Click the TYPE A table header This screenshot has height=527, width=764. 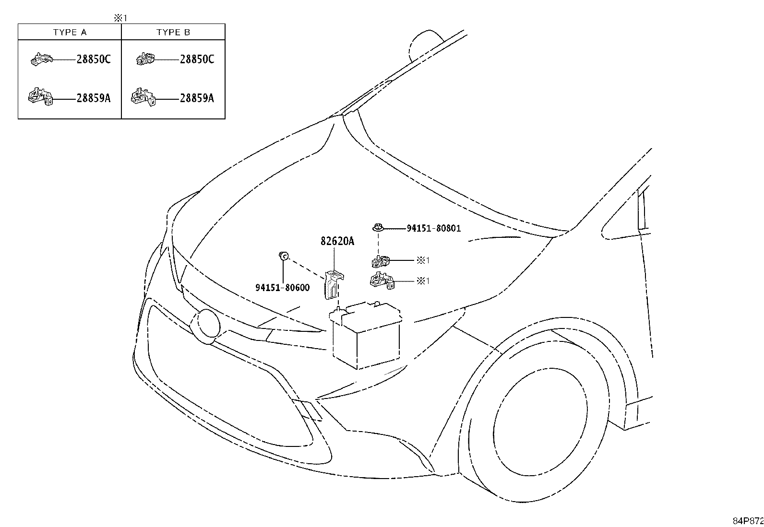tap(70, 33)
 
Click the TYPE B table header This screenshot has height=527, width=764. tap(173, 33)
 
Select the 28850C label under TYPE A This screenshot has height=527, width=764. tap(94, 59)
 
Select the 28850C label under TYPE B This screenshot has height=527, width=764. tap(197, 59)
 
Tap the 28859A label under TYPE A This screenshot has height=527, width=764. tap(94, 98)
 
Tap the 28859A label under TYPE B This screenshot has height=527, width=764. tap(197, 98)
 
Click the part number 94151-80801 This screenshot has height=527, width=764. tap(433, 228)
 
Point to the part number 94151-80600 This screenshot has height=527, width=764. tap(282, 288)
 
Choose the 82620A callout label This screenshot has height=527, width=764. tap(337, 241)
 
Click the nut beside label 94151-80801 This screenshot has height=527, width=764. tap(378, 227)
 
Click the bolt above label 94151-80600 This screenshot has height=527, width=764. tap(284, 256)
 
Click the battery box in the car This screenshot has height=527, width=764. tap(366, 335)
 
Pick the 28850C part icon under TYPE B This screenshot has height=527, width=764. tap(145, 59)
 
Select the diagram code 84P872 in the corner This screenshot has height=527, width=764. tap(748, 521)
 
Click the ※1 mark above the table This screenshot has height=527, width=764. tap(120, 18)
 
